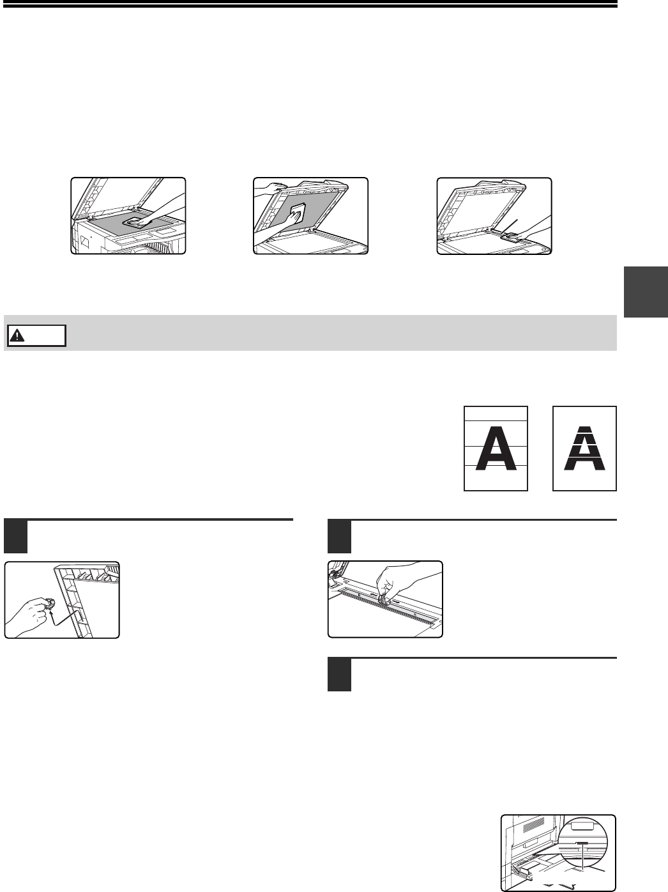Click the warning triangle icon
tap(17, 335)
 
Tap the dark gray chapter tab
tap(646, 291)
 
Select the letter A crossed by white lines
tap(584, 448)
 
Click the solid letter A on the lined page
tap(496, 448)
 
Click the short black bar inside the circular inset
tap(582, 843)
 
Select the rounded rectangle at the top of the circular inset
tap(582, 826)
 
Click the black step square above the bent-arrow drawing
tap(15, 537)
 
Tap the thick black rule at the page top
tap(308, 6)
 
